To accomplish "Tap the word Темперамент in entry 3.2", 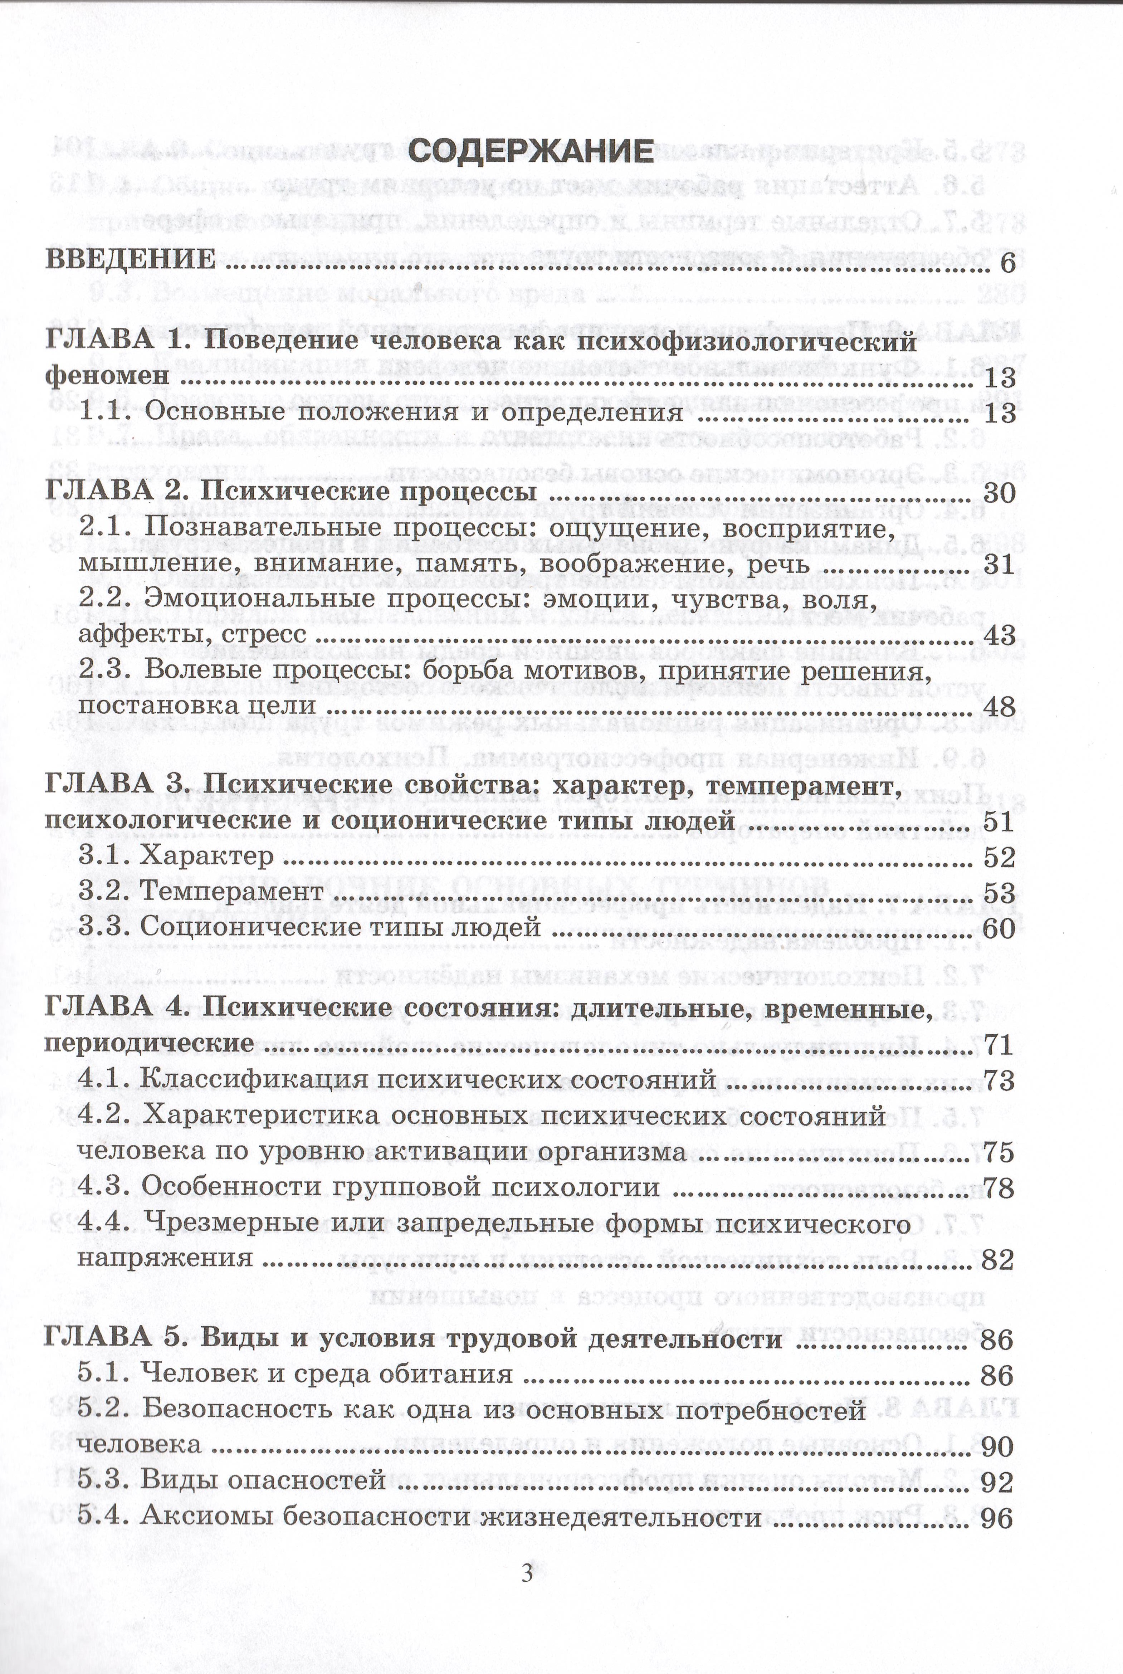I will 231,892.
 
